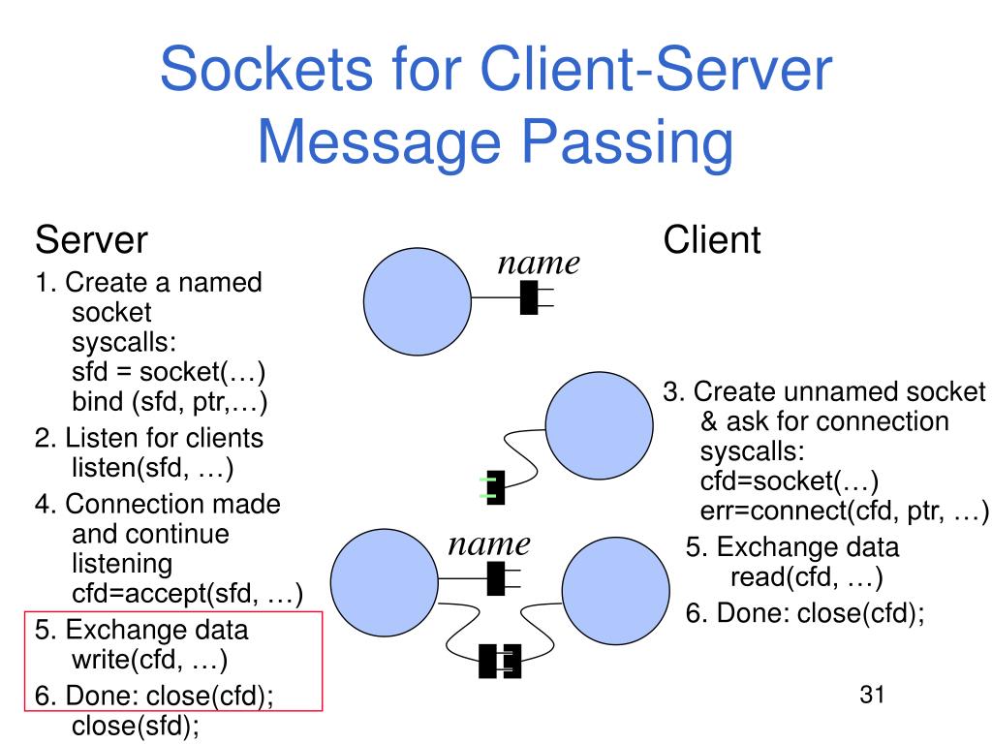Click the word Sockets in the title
pyautogui.click(x=267, y=69)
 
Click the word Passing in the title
pyautogui.click(x=627, y=143)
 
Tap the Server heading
pyautogui.click(x=91, y=240)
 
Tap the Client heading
pyautogui.click(x=712, y=240)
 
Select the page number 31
pyautogui.click(x=872, y=695)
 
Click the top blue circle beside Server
pyautogui.click(x=418, y=301)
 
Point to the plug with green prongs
pyautogui.click(x=493, y=487)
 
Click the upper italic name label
pyautogui.click(x=539, y=263)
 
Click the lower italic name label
pyautogui.click(x=489, y=544)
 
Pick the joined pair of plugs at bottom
pyautogui.click(x=500, y=661)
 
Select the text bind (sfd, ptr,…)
pyautogui.click(x=170, y=402)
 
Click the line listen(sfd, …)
pyautogui.click(x=152, y=468)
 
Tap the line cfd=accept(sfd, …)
pyautogui.click(x=187, y=594)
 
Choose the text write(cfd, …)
pyautogui.click(x=149, y=659)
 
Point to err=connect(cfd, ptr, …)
pyautogui.click(x=844, y=511)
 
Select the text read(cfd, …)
pyautogui.click(x=807, y=577)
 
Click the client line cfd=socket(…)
pyautogui.click(x=789, y=481)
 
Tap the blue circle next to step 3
pyautogui.click(x=599, y=426)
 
